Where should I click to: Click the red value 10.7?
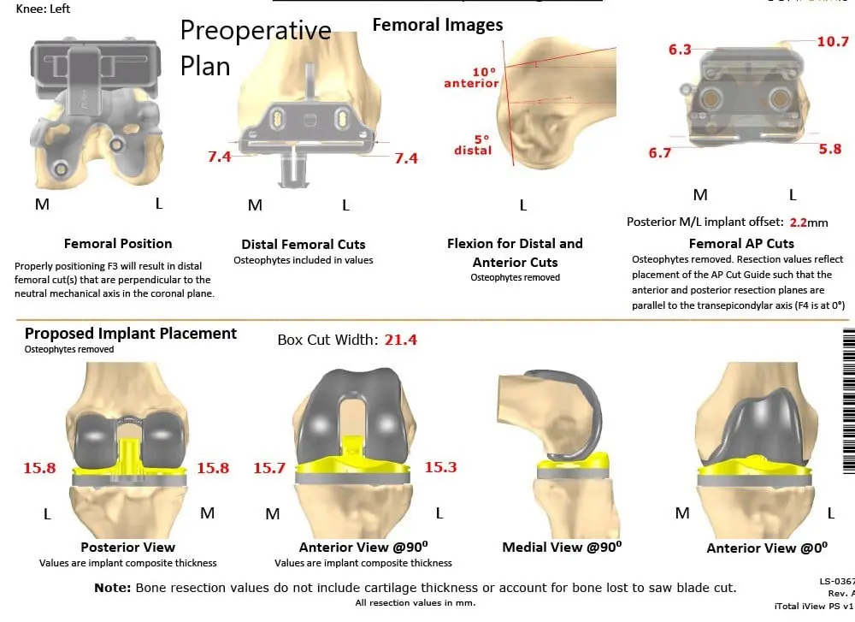tap(832, 41)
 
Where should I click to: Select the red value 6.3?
tap(680, 50)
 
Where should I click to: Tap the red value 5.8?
tap(829, 149)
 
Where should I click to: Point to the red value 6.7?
tap(659, 153)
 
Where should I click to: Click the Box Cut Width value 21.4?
tap(399, 340)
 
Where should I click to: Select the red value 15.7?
tap(268, 468)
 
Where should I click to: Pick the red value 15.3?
tap(440, 467)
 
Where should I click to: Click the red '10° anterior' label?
tap(470, 78)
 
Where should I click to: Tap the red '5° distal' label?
tap(473, 145)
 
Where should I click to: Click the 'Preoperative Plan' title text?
tap(255, 48)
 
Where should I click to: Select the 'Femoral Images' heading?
tap(438, 25)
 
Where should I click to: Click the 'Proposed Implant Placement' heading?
tap(131, 334)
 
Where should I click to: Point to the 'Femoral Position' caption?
tap(118, 244)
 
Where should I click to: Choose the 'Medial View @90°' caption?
tap(562, 547)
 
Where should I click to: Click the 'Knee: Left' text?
tap(44, 9)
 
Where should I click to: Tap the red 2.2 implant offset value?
tap(798, 222)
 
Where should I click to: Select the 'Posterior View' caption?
tap(127, 547)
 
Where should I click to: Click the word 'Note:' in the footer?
tap(112, 588)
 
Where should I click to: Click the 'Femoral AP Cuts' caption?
tap(741, 244)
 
